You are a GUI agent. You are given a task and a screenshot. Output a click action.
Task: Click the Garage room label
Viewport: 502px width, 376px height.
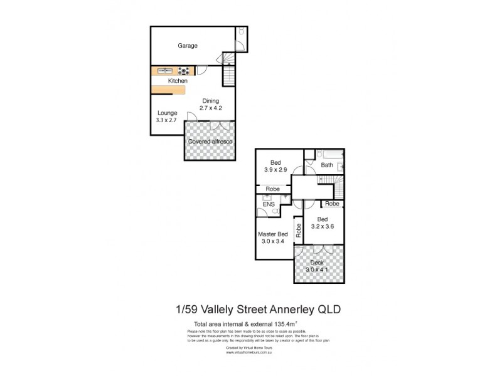point(187,46)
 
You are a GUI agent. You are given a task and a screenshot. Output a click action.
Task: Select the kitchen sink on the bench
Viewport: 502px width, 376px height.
point(164,71)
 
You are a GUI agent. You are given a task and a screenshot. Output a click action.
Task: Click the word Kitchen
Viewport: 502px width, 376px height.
point(178,81)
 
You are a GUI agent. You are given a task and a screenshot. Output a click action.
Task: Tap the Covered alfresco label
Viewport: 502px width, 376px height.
point(211,142)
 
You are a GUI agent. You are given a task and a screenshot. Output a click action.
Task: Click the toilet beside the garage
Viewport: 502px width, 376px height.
point(240,33)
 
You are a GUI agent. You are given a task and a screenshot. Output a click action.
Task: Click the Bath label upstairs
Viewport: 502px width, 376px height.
point(327,165)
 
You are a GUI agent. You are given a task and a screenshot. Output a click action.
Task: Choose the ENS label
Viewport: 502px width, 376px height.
point(269,204)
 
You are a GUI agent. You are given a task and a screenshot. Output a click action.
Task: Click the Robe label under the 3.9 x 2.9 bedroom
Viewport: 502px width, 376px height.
point(272,189)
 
